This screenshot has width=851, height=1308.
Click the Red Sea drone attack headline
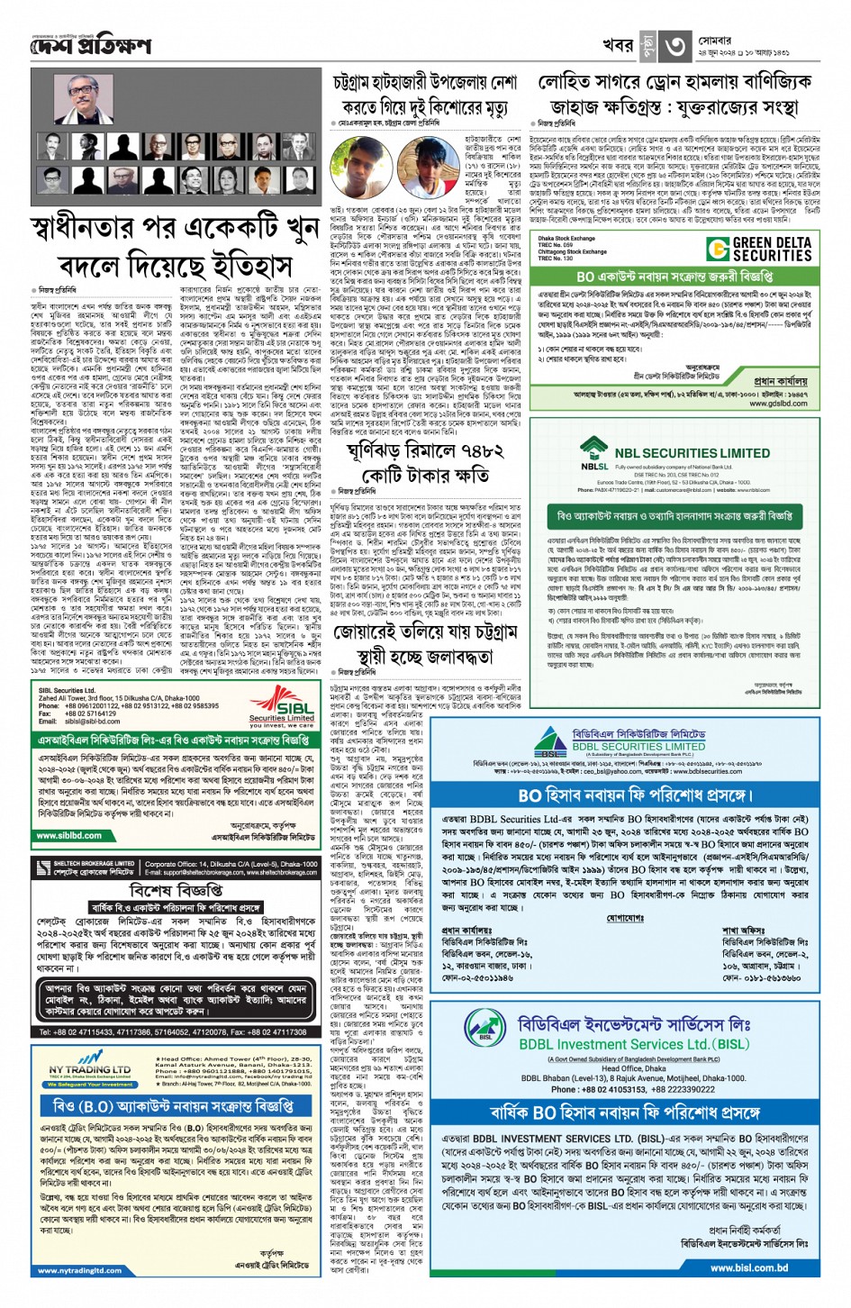674,95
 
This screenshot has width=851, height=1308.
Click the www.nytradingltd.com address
80,1270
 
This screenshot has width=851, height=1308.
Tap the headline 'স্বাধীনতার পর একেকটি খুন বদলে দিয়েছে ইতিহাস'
175,248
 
